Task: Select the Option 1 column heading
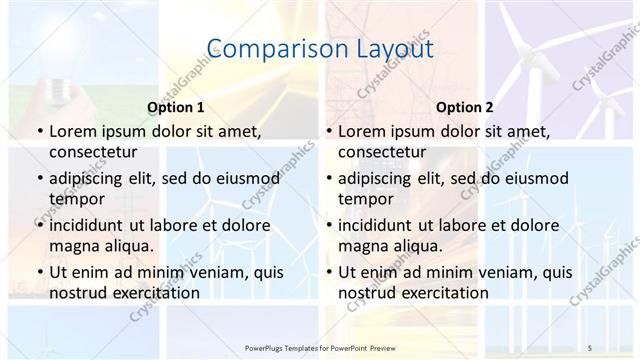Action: coord(176,107)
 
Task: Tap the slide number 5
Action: coord(591,347)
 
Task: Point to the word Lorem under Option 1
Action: coord(73,131)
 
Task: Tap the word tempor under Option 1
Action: coord(75,198)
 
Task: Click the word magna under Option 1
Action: coord(74,245)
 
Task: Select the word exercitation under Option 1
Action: coord(151,292)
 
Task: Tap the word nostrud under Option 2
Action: coord(368,292)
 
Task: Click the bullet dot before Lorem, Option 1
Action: coord(39,132)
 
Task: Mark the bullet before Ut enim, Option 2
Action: coord(328,272)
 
